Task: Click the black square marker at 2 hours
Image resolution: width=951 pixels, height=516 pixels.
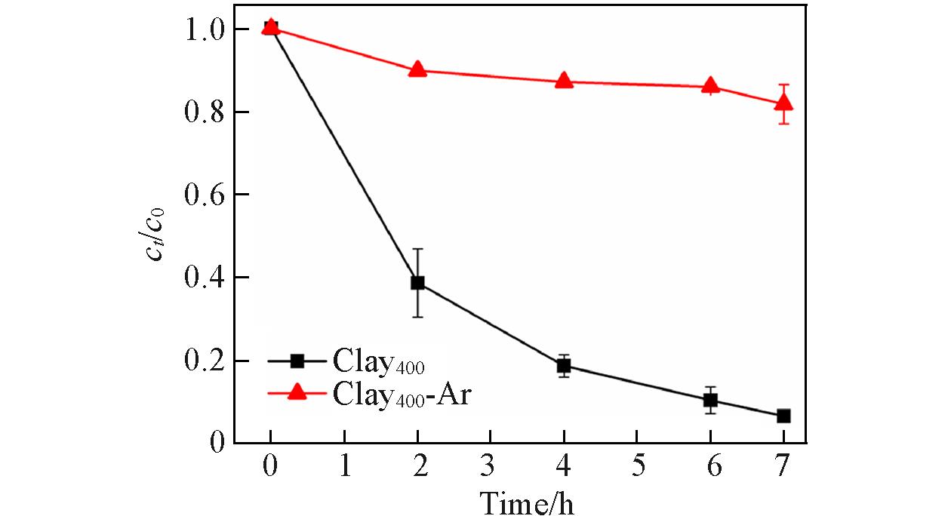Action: pos(417,283)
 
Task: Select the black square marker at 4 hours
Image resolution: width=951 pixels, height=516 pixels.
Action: pos(564,366)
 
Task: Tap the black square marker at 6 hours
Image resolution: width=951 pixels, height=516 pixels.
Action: pos(710,400)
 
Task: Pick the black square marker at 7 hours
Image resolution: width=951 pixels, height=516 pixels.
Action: pos(783,416)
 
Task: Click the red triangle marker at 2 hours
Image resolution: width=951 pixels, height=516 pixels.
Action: pos(417,69)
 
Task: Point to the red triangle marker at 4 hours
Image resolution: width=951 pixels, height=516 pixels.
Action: pos(564,80)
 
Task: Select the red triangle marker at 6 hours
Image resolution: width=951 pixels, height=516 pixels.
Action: pos(710,85)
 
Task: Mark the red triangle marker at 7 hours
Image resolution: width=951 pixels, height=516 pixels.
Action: pos(783,103)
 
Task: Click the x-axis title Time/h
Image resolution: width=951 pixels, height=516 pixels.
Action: pos(526,500)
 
